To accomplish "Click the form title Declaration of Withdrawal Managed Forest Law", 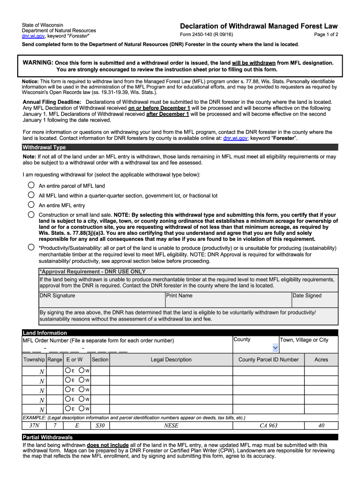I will (259, 26).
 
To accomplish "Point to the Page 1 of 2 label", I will (326, 35).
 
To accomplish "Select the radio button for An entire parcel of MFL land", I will (31, 185).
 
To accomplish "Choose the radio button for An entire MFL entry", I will (31, 205).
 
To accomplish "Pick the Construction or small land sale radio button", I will (31, 215).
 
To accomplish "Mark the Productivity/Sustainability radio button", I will (31, 247).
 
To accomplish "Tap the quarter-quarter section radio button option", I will (31, 195).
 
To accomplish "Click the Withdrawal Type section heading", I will (44, 147).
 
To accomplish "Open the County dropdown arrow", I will (275, 348).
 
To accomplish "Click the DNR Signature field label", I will (57, 296).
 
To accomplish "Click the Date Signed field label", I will (307, 296).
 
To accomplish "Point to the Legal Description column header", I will (171, 360).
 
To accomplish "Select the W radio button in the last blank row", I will (82, 409).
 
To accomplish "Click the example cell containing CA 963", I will (268, 426).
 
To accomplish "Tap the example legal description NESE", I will (171, 426).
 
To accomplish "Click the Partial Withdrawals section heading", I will (48, 437).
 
